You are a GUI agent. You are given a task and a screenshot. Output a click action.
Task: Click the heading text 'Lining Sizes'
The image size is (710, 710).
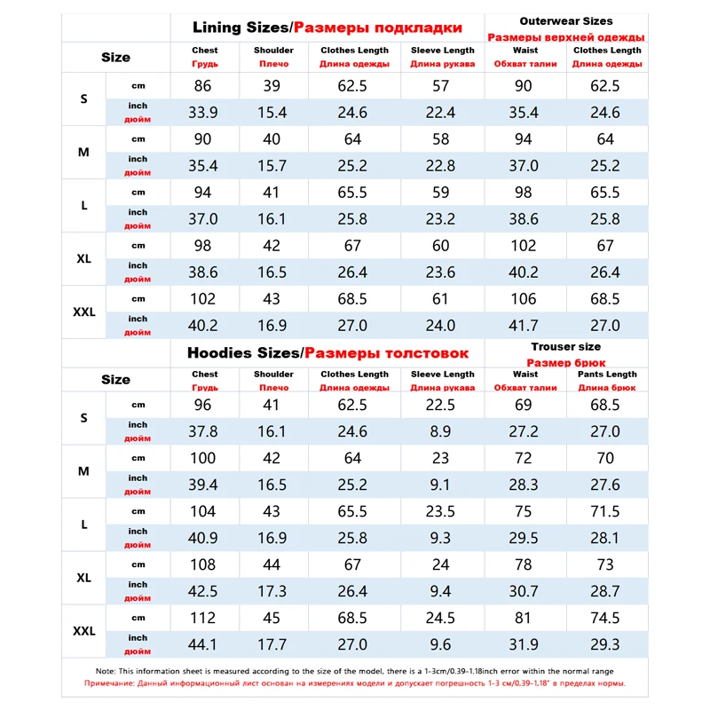240,28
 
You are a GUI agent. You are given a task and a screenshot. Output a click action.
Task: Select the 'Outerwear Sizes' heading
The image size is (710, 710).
566,20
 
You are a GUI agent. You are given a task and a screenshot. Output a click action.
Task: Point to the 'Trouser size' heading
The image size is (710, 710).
566,346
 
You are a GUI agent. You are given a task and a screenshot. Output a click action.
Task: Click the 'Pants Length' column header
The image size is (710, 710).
608,375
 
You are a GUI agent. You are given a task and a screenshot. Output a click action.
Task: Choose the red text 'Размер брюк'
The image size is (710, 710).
566,362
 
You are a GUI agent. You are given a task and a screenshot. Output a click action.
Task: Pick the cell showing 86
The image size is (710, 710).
204,86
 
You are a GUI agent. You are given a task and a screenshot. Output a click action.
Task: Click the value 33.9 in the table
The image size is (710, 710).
204,113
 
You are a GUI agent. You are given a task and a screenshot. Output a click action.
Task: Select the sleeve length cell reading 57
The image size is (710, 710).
442,86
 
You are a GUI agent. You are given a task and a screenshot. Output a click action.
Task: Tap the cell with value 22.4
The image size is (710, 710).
442,113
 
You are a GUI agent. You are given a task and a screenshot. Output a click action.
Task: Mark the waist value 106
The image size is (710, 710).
524,299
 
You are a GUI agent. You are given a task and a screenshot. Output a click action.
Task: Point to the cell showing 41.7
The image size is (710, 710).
524,326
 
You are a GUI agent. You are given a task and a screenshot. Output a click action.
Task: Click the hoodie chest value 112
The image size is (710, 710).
204,618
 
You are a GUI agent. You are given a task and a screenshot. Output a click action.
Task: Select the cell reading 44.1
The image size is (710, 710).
204,644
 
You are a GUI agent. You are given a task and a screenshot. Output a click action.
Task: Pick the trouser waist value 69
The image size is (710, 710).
524,405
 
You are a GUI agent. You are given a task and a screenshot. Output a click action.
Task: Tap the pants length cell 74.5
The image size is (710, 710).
608,618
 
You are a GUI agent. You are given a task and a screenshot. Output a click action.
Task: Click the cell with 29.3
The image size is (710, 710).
608,644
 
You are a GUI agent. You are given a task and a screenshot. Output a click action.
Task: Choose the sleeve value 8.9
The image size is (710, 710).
442,431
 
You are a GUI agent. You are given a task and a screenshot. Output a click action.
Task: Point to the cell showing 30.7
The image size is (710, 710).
524,591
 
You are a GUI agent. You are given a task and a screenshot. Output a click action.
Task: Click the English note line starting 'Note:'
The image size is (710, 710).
355,671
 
